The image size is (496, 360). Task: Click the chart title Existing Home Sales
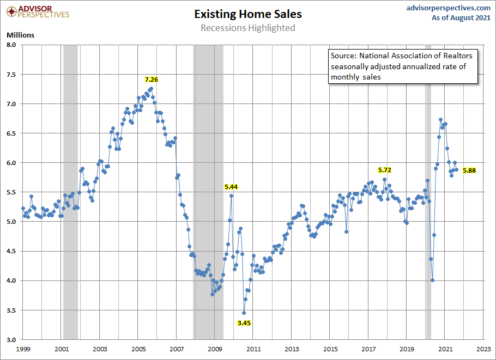247,14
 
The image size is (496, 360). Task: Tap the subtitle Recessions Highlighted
247,28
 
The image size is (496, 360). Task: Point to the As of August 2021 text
461,18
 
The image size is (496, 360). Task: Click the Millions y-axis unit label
21,35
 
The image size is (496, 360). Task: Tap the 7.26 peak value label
151,80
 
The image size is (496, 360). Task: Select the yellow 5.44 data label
231,187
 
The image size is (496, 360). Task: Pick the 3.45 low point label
244,323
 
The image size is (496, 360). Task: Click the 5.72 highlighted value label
385,170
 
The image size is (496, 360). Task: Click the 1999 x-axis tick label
22,348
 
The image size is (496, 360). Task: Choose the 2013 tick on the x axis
292,348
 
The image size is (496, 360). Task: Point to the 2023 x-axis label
483,348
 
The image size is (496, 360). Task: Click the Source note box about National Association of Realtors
403,66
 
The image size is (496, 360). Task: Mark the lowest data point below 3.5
244,313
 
